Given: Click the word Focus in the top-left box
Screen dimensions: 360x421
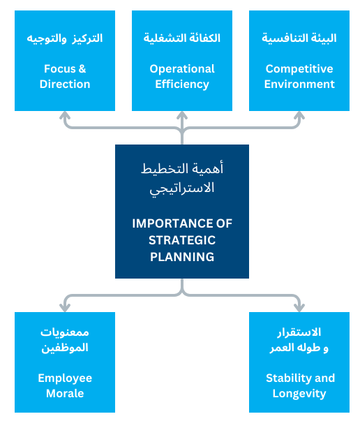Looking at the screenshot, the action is click(x=60, y=68).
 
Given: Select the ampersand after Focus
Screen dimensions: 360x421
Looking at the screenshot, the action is click(x=82, y=68).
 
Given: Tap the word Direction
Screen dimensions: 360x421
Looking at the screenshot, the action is click(x=65, y=84).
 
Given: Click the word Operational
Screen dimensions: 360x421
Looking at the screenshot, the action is click(x=182, y=69).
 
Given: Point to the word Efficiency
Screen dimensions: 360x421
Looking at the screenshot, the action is click(x=182, y=84).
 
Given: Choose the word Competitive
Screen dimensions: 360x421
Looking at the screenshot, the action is click(x=299, y=69).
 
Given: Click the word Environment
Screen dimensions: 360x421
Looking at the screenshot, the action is click(x=299, y=84).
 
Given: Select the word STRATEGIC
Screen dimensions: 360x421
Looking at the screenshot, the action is click(x=182, y=240).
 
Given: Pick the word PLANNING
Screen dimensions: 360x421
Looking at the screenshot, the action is click(x=182, y=257).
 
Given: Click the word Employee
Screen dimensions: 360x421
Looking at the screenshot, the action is click(x=65, y=378).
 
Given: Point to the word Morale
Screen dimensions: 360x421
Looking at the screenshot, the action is click(x=65, y=393).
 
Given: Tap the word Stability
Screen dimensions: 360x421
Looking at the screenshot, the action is click(x=289, y=378).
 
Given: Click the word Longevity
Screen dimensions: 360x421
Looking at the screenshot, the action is click(x=299, y=394).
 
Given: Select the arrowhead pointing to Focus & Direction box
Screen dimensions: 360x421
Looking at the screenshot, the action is click(x=65, y=115).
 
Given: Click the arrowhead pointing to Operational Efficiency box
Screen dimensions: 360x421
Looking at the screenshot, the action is click(x=182, y=115).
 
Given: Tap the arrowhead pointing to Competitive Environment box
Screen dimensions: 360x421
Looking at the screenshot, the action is click(x=299, y=115).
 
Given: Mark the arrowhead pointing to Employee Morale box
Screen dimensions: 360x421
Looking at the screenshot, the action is click(x=65, y=308).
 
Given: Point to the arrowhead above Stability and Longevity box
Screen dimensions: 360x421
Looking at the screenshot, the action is click(x=299, y=308).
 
